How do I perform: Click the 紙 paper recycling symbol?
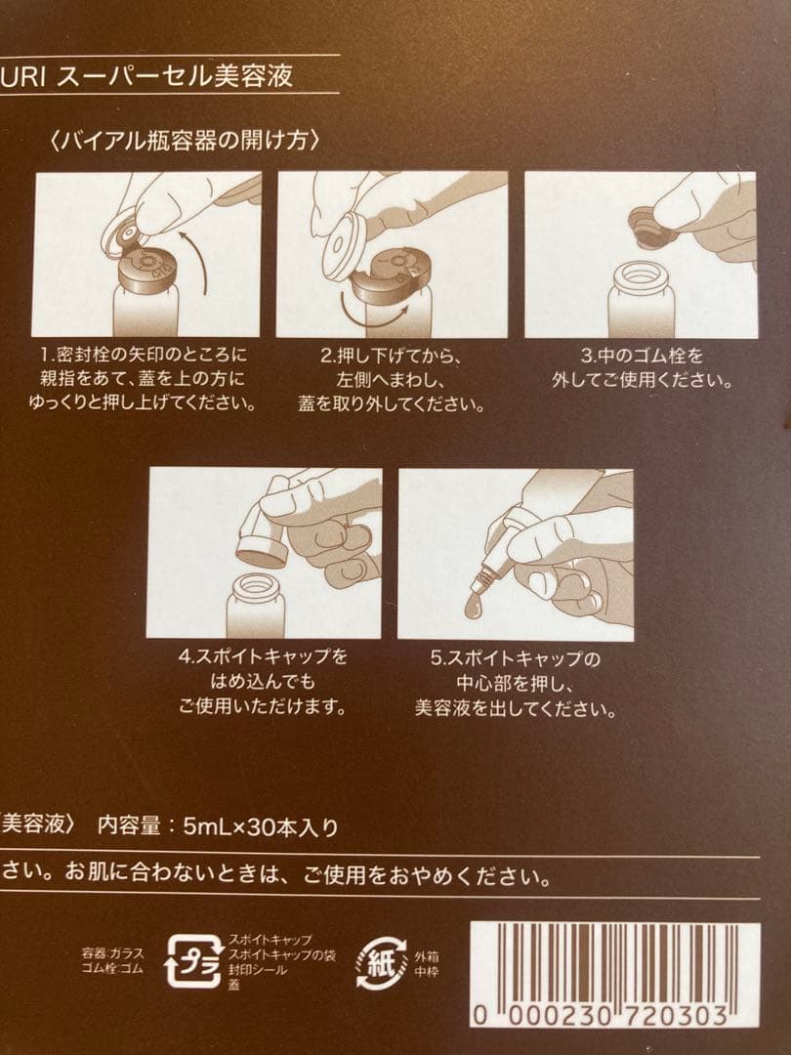(x=382, y=961)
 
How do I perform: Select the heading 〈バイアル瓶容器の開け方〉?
(x=185, y=140)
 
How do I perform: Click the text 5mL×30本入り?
(x=261, y=826)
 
